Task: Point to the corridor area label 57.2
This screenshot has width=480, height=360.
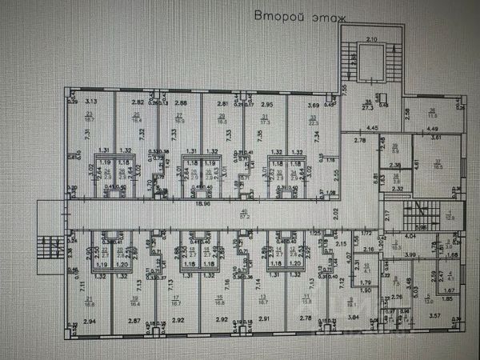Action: [244, 214]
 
